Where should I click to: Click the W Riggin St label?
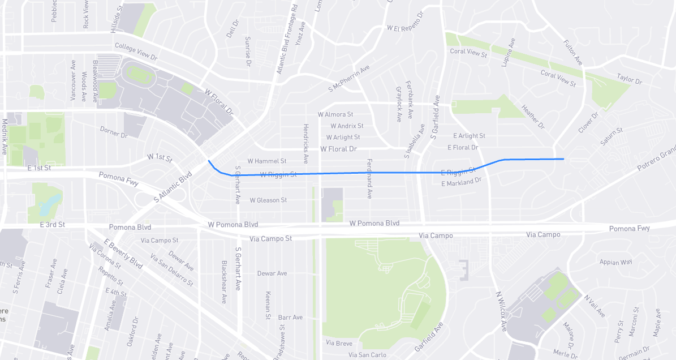tap(278, 174)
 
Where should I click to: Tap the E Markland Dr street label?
tap(460, 182)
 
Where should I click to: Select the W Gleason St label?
tap(268, 200)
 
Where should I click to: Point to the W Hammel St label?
tap(267, 161)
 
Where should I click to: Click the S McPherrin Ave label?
tap(348, 79)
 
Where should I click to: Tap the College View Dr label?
tap(136, 52)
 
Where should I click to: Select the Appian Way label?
tap(616, 262)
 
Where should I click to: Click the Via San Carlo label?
tap(367, 355)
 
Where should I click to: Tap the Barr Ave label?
tap(290, 318)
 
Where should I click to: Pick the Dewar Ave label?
tap(272, 273)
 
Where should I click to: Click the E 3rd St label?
tap(52, 225)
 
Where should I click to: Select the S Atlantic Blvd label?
tap(173, 187)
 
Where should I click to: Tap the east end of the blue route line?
tap(563, 159)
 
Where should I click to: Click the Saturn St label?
tap(612, 136)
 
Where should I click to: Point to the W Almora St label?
tap(335, 114)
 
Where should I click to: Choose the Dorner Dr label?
tap(114, 132)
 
